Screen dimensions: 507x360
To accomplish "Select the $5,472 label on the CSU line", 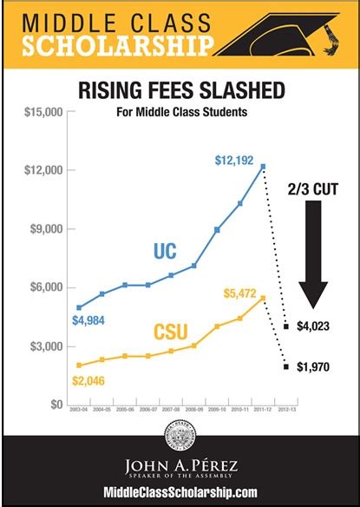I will [x=239, y=295].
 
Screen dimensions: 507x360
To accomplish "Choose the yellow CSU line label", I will [x=173, y=331].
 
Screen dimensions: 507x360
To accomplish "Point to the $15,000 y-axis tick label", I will [x=43, y=112].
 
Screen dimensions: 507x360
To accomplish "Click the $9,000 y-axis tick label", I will [x=46, y=229].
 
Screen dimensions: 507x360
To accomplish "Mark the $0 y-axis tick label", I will [x=54, y=405].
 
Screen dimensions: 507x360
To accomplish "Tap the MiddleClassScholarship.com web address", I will [x=180, y=491].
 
